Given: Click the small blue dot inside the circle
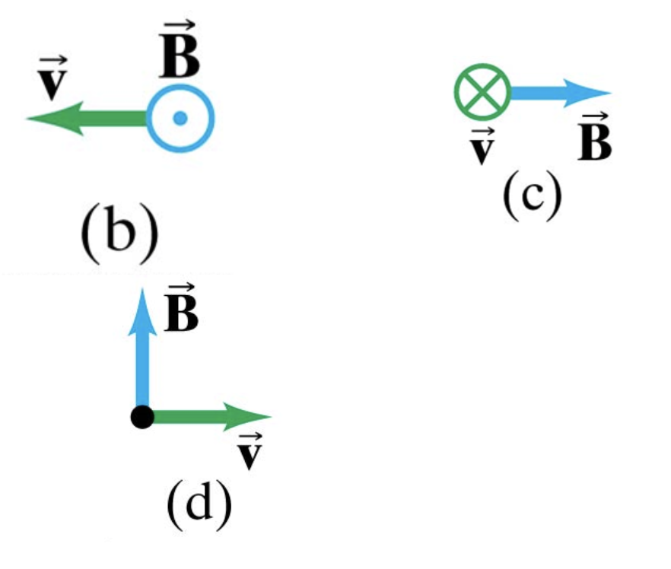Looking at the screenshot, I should pyautogui.click(x=180, y=118).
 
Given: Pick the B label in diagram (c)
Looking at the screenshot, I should pyautogui.click(x=594, y=138).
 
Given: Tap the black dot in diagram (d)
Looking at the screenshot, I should pyautogui.click(x=142, y=417).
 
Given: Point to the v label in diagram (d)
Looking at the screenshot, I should pyautogui.click(x=249, y=452).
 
